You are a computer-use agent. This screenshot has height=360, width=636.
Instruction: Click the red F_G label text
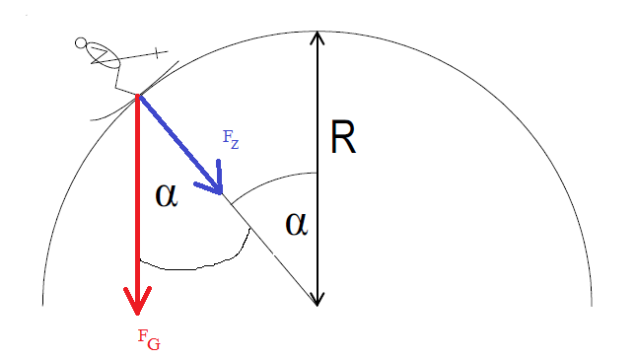[149, 339]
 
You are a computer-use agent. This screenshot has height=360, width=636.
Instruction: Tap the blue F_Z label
[231, 140]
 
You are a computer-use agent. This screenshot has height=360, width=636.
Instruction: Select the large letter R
[343, 137]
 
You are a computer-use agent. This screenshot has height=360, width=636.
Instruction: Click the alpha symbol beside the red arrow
[167, 195]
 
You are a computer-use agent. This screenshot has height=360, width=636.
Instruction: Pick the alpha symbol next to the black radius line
[297, 224]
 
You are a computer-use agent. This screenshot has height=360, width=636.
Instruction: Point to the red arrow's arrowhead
[137, 301]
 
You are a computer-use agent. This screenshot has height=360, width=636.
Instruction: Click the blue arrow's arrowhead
[213, 182]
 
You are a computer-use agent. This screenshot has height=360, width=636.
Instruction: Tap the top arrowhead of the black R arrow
[318, 37]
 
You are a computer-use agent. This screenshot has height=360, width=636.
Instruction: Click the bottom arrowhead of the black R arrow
[318, 299]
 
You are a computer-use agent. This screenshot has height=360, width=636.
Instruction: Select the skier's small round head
[81, 42]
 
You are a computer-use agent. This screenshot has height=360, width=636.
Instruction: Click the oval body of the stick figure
[104, 55]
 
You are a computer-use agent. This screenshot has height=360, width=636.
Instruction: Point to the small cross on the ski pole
[158, 52]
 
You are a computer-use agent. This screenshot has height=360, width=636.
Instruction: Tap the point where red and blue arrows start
[138, 96]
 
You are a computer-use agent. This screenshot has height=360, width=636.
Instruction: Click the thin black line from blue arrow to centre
[270, 250]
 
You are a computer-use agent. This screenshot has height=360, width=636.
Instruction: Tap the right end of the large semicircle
[592, 306]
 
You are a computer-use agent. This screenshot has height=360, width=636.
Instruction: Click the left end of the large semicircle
[43, 305]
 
